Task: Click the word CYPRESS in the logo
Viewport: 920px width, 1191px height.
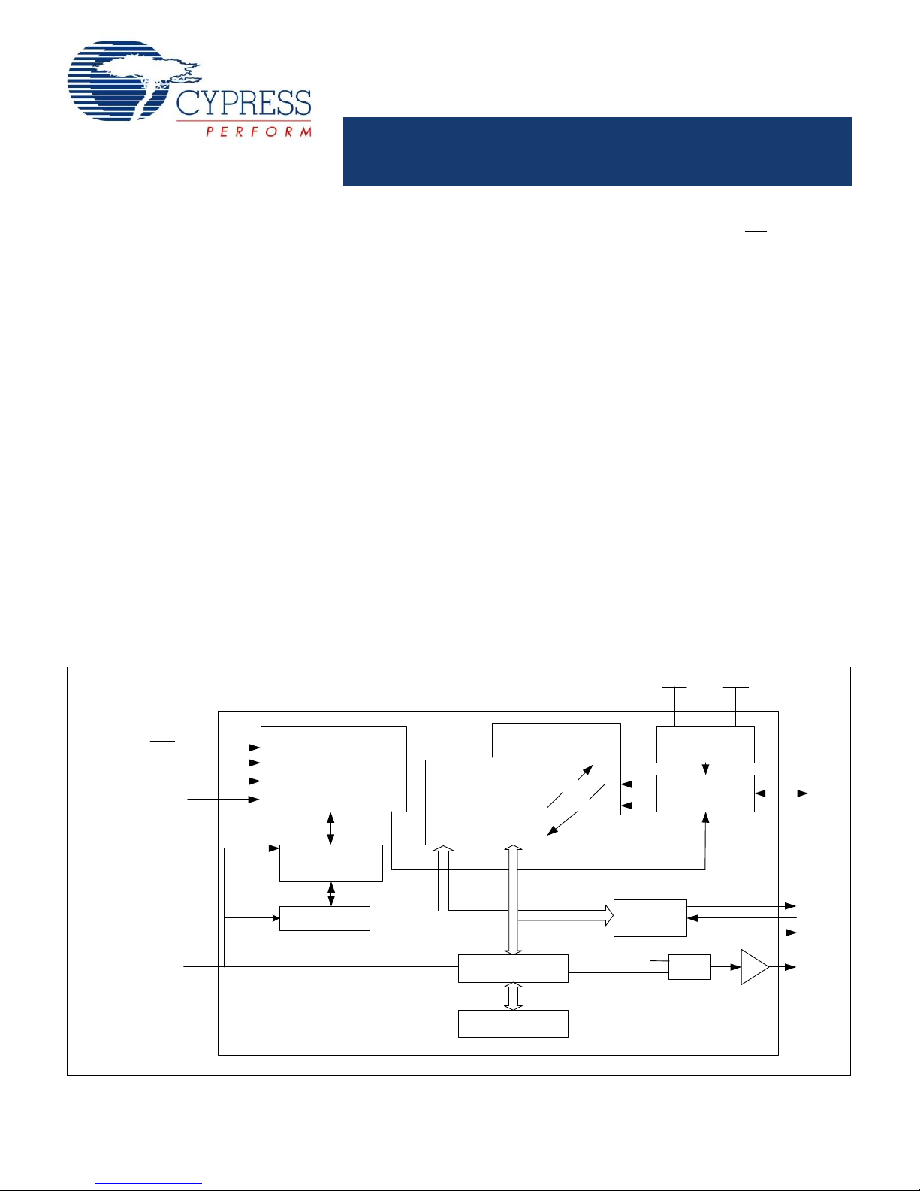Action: click(243, 103)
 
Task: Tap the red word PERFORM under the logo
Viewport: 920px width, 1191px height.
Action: click(258, 131)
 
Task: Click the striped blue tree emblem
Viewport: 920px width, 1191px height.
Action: click(120, 80)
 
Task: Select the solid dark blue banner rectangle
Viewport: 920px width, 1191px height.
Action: click(597, 151)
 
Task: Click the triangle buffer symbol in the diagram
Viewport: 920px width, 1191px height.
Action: click(753, 967)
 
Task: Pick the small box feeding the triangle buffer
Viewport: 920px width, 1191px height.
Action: click(689, 967)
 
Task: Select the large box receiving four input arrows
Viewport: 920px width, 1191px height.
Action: click(333, 769)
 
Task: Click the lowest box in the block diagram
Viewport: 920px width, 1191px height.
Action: click(513, 1023)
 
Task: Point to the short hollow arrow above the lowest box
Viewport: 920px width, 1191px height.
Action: click(513, 996)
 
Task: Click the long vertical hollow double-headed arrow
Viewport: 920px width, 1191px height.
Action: click(513, 899)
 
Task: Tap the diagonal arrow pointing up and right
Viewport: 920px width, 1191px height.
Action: click(583, 775)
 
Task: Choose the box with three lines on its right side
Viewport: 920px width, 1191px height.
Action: click(650, 917)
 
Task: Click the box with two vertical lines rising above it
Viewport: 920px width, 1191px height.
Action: click(705, 744)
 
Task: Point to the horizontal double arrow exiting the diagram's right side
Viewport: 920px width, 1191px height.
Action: click(781, 793)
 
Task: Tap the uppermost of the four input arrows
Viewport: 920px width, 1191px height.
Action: click(223, 748)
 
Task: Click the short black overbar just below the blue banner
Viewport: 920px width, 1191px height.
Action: click(756, 231)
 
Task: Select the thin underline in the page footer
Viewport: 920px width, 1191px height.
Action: click(149, 1184)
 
